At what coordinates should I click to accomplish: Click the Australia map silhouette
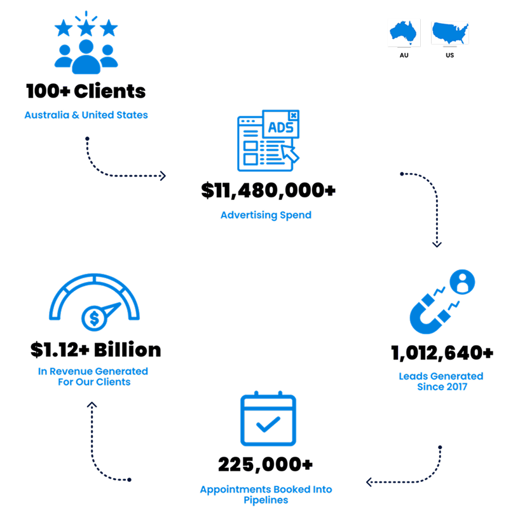point(403,32)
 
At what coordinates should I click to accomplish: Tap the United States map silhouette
point(450,32)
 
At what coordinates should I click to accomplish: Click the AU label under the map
point(404,55)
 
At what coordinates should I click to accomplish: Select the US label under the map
point(449,55)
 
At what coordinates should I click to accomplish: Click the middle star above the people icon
point(86,28)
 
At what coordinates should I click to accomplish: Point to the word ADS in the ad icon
point(280,127)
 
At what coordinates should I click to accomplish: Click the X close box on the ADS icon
point(294,115)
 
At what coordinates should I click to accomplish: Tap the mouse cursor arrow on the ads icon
point(290,153)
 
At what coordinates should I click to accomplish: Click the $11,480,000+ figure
point(268,190)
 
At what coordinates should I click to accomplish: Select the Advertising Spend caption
point(266,215)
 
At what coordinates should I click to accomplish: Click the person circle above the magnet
point(462,282)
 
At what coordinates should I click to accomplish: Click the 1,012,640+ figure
point(442,353)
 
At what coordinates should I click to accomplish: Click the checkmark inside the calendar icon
point(268,424)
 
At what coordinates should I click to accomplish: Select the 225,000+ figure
point(265,464)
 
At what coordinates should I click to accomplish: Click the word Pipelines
point(266,500)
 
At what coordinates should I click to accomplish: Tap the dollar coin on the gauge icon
point(94,318)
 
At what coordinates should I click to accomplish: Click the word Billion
point(127,350)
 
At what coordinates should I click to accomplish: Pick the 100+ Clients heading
point(86,91)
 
